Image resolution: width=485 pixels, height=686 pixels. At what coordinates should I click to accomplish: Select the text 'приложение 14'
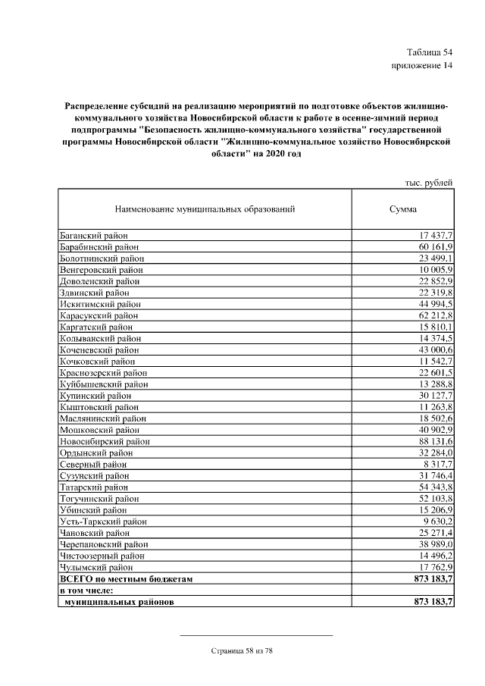click(x=421, y=66)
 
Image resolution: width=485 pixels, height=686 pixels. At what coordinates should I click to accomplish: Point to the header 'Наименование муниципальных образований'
click(x=205, y=208)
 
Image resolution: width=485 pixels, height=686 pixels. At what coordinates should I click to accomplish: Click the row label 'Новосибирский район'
click(x=104, y=441)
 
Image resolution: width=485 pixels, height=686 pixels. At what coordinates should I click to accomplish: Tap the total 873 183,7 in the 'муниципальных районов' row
click(x=430, y=602)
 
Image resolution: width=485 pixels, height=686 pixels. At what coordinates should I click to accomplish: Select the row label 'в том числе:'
click(x=86, y=590)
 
